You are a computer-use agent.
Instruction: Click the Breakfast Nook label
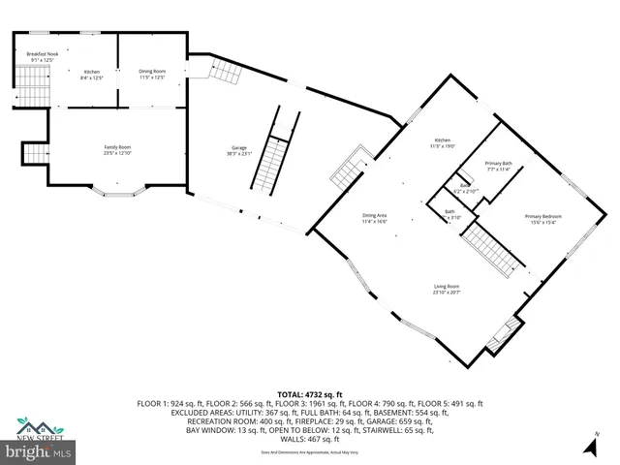44,57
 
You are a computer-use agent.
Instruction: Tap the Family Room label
118,149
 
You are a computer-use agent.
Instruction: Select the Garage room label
239,150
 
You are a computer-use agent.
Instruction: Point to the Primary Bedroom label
543,218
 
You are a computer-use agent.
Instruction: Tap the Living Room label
447,290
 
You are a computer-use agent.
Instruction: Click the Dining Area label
374,218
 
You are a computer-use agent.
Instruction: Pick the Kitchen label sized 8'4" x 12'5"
92,75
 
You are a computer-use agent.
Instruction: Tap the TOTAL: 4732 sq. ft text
309,394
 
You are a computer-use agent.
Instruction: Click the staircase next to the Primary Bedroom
493,251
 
